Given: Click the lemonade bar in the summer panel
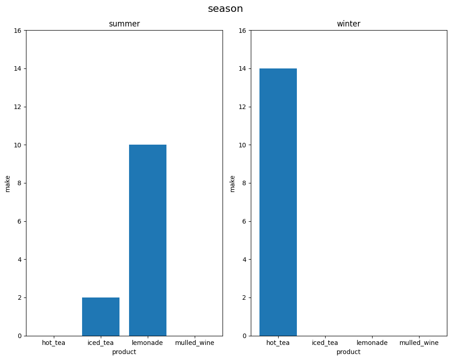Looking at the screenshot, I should pyautogui.click(x=147, y=240).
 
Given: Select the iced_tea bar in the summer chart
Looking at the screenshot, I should pyautogui.click(x=100, y=317).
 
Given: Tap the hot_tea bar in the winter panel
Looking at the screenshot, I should pyautogui.click(x=278, y=202).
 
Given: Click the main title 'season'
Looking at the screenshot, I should pyautogui.click(x=225, y=9).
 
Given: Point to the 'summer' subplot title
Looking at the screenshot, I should pyautogui.click(x=124, y=24).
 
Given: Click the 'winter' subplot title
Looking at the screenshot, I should pyautogui.click(x=348, y=24).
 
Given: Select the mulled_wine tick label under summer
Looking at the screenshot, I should pyautogui.click(x=194, y=343).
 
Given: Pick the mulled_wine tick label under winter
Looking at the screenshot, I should pyautogui.click(x=419, y=343).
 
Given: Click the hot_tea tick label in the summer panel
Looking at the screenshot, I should pyautogui.click(x=53, y=343).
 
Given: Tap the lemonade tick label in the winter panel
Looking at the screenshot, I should pyautogui.click(x=372, y=343).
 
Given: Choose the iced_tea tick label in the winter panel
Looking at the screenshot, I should pyautogui.click(x=325, y=343).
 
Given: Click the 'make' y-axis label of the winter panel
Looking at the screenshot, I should pyautogui.click(x=232, y=183).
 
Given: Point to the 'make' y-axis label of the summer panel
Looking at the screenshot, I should pyautogui.click(x=7, y=183).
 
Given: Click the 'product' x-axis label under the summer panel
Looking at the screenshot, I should pyautogui.click(x=124, y=352).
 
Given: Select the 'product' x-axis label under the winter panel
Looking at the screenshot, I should pyautogui.click(x=348, y=352).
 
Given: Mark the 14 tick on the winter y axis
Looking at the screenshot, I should pyautogui.click(x=242, y=68).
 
